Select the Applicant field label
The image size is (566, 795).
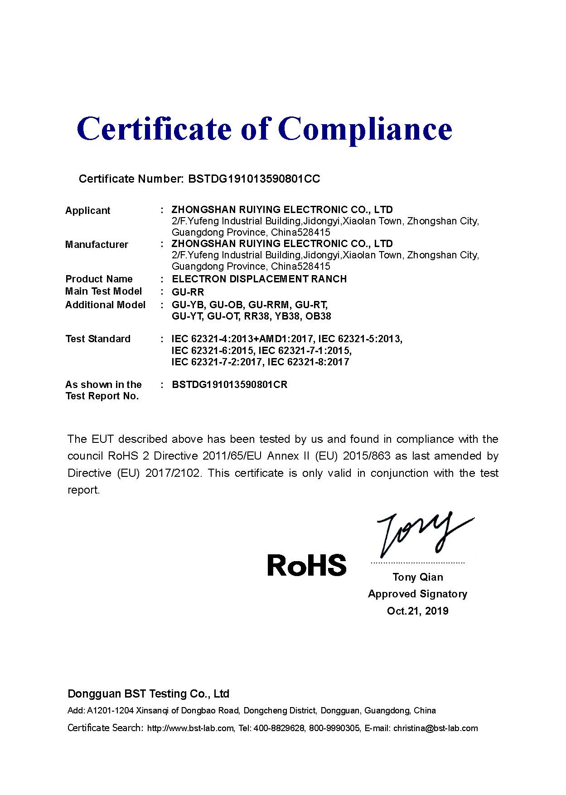tap(87, 210)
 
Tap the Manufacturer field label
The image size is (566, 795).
tap(97, 244)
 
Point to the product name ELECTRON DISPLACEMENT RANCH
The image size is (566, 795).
tap(259, 279)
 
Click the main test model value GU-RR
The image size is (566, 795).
tap(188, 291)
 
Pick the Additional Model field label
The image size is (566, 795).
tap(105, 305)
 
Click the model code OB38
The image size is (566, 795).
tap(318, 316)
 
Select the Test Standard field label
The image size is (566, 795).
tap(98, 339)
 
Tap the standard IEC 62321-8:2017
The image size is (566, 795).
tap(308, 362)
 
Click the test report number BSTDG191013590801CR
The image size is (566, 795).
tap(230, 384)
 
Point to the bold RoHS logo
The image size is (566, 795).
tap(307, 565)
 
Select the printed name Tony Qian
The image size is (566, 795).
tap(418, 577)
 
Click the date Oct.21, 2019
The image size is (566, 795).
tap(418, 611)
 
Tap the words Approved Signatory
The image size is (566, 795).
tap(418, 594)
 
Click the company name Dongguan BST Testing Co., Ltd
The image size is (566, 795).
tap(148, 693)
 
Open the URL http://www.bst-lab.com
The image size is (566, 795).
tap(190, 728)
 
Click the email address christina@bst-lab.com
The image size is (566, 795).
tap(435, 728)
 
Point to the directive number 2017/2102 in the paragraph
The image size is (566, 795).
tap(173, 473)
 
